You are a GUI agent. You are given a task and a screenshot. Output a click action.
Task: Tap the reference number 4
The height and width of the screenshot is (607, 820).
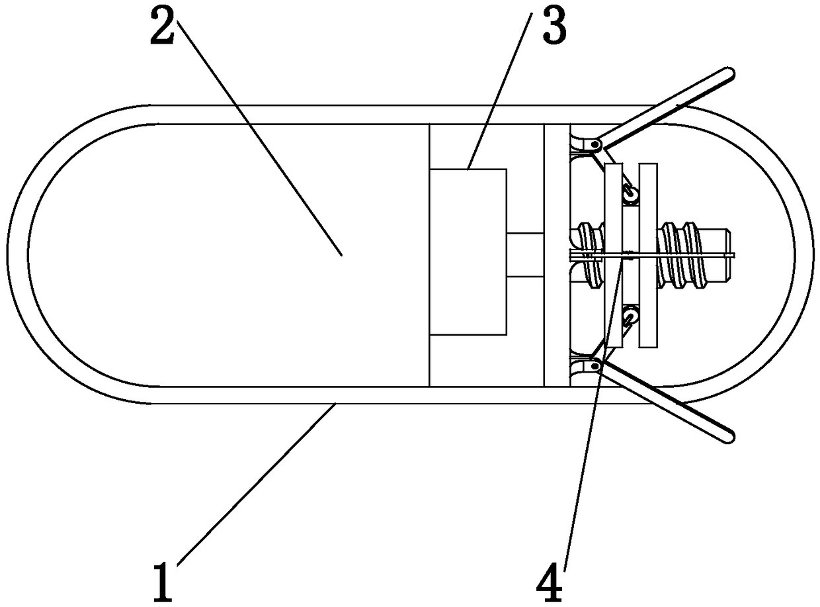pos(550,581)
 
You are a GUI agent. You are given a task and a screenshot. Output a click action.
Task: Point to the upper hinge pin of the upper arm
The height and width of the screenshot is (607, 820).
pos(596,144)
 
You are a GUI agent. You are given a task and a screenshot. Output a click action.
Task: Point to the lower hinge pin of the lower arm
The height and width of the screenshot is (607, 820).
pos(596,365)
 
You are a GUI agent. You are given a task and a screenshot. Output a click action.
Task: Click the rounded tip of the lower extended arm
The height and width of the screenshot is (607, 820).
pos(729,435)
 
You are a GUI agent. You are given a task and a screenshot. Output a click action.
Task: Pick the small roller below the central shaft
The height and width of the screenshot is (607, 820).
pos(631,314)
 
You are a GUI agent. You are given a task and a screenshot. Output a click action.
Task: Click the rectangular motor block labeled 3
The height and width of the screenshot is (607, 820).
pos(468,252)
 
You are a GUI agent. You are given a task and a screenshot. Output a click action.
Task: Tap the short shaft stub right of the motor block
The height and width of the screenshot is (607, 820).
pos(525,254)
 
